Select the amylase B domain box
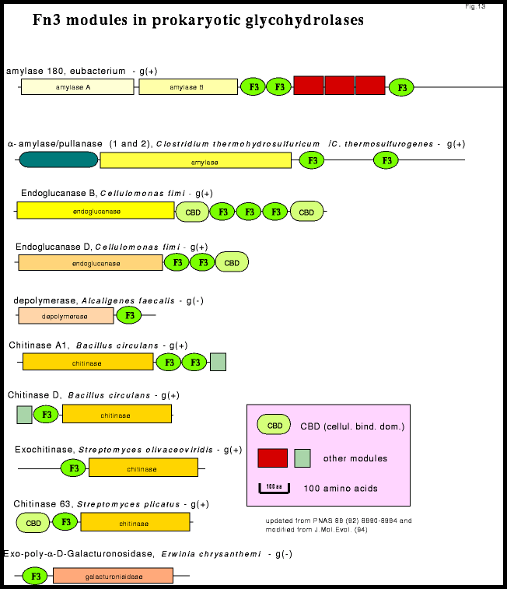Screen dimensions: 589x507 [188, 86]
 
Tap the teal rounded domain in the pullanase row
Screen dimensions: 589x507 [58, 160]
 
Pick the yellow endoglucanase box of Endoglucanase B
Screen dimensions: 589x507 [96, 210]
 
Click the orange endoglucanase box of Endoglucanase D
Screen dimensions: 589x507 [90, 263]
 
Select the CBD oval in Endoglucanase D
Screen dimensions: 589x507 [232, 262]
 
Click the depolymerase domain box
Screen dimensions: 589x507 [66, 315]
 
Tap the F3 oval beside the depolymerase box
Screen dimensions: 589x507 [129, 315]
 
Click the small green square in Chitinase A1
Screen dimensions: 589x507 [218, 362]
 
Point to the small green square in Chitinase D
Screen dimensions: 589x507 [24, 415]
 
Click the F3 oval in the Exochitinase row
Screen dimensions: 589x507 [73, 468]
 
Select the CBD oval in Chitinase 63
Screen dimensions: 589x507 [33, 523]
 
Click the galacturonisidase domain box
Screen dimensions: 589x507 [113, 576]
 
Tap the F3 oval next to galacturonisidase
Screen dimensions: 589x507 [35, 576]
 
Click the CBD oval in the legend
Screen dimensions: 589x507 [274, 425]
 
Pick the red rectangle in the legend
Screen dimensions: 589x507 [272, 458]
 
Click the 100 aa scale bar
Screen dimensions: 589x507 [274, 488]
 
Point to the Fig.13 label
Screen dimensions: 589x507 [475, 6]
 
